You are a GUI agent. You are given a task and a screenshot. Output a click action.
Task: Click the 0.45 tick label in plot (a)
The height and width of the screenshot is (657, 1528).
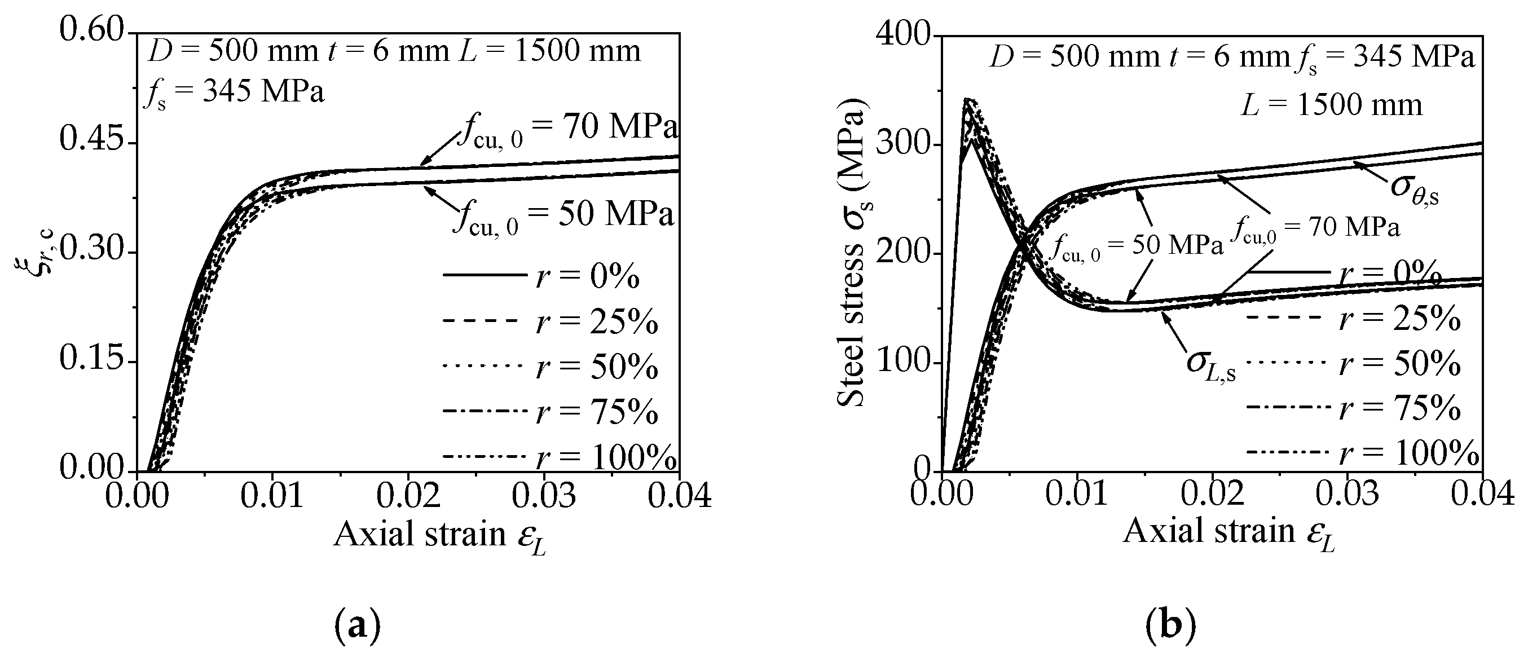[92, 141]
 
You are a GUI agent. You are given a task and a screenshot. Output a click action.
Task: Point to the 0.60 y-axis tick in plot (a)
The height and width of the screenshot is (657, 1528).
[92, 31]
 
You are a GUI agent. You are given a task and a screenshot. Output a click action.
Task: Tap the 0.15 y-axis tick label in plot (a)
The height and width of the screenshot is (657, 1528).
[92, 360]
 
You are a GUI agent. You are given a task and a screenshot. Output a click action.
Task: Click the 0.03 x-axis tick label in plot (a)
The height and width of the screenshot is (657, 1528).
[543, 497]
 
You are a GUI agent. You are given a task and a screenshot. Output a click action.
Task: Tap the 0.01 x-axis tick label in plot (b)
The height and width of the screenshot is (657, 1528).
[1077, 496]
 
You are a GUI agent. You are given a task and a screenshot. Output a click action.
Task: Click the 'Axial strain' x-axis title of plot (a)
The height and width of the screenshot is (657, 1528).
[439, 534]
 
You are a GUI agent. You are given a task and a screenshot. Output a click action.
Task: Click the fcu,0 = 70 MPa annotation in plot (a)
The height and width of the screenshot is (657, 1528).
[567, 128]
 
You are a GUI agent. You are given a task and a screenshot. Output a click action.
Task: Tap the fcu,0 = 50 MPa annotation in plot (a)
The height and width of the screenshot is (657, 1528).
[563, 216]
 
